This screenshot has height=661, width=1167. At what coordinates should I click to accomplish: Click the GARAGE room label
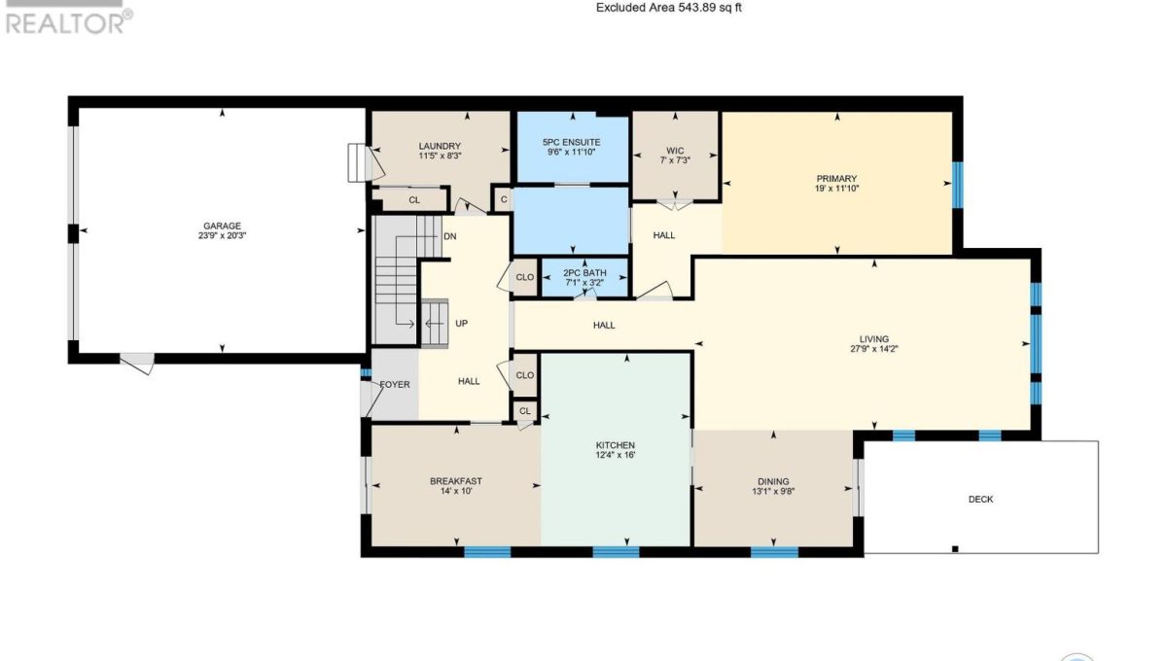coord(222,226)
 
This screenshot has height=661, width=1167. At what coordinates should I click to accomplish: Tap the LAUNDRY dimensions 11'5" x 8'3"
coord(441,156)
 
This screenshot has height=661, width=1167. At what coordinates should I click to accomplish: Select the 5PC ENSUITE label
coord(572,142)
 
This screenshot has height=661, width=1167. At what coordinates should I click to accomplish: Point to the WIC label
coord(675,151)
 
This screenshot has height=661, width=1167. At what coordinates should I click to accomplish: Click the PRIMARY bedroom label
coord(836,179)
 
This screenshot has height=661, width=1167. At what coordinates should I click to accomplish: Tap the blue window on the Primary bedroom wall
coord(958,185)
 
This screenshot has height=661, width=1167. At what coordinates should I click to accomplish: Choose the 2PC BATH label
coord(584,273)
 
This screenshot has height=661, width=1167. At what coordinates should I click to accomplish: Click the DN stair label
coord(450,236)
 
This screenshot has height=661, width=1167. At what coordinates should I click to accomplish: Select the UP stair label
coord(461,324)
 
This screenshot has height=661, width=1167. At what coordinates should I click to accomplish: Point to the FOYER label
coord(395,384)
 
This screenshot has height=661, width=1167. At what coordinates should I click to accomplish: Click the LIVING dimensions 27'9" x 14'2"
coord(874,349)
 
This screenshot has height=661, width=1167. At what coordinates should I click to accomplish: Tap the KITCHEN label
coord(616,445)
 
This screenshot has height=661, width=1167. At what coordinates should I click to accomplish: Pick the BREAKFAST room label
coord(456,481)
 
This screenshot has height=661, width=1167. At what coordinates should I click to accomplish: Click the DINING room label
coord(773,482)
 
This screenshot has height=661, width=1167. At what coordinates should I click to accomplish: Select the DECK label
coord(980,499)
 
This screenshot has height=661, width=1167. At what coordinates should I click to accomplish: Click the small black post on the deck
coord(955,548)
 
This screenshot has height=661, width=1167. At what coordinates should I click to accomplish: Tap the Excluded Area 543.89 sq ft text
coord(669,8)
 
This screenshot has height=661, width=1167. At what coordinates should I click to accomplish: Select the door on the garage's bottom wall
coord(137,363)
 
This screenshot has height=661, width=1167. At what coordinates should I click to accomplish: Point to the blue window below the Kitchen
coord(616,552)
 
